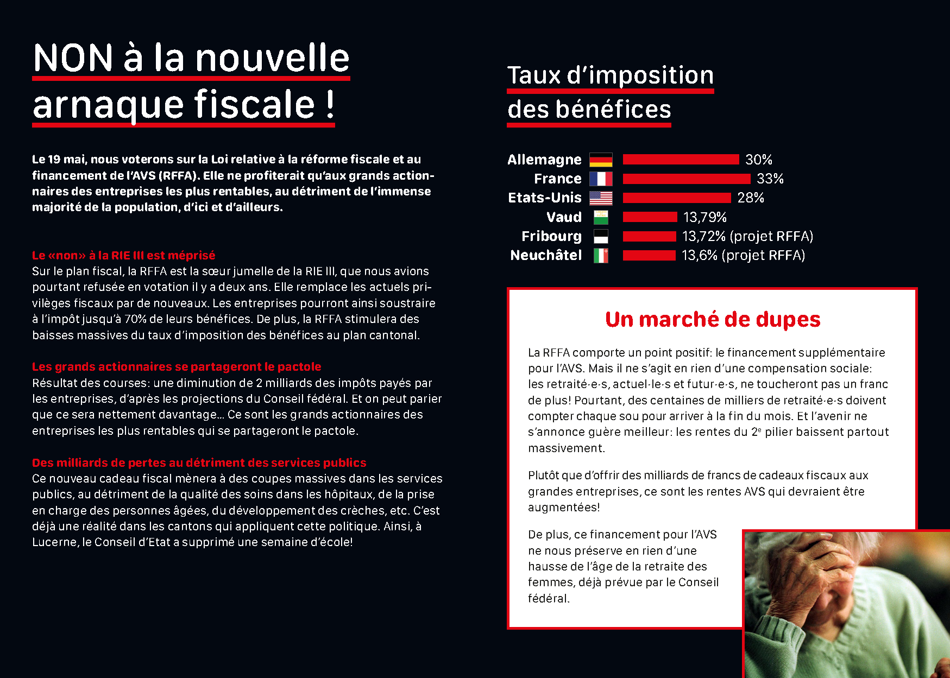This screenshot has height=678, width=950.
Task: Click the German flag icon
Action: point(601,160)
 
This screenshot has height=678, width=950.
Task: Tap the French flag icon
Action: point(601,179)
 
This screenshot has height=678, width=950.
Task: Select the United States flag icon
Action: point(601,198)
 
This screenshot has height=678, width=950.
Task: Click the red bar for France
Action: point(686,179)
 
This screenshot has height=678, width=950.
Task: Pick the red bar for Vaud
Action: point(650,217)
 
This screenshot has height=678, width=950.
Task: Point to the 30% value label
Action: point(758,160)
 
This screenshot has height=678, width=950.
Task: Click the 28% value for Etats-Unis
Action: point(750,198)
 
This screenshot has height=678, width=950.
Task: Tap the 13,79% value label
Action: point(704,217)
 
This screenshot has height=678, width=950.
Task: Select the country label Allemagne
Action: point(544,160)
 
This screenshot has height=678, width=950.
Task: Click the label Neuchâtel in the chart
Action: point(545,255)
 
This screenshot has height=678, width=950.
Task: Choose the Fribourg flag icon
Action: point(601,236)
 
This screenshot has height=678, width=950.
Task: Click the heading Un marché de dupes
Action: point(712,319)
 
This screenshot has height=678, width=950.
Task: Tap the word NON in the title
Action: point(73,58)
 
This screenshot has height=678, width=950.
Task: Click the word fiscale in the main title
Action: point(255,104)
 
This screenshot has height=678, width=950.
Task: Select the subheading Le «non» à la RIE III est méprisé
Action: point(123,255)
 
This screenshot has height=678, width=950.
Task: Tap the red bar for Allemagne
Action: point(681,160)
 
